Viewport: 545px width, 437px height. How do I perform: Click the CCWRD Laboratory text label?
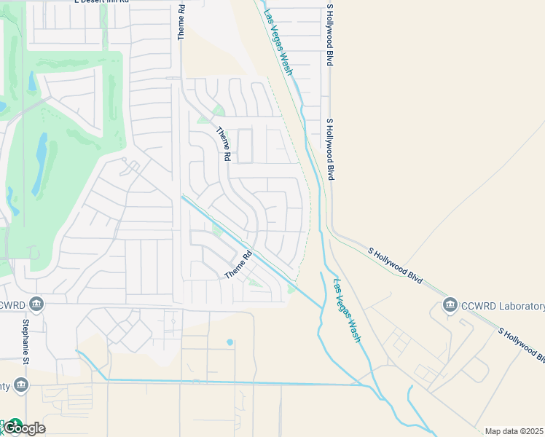coord(503,306)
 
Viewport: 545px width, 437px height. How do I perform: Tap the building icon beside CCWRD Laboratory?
coord(450,304)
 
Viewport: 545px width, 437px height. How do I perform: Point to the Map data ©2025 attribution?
coord(514,431)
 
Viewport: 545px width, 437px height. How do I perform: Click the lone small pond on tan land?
coord(230,342)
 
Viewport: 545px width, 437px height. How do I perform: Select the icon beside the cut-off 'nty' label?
coord(20,384)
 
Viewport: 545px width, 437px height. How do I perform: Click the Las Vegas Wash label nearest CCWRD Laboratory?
coord(347,311)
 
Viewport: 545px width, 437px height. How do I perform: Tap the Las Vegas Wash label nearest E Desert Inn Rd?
coord(277,42)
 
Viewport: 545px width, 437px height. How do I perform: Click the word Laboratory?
coord(518,306)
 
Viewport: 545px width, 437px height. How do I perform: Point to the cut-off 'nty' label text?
coord(6,385)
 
